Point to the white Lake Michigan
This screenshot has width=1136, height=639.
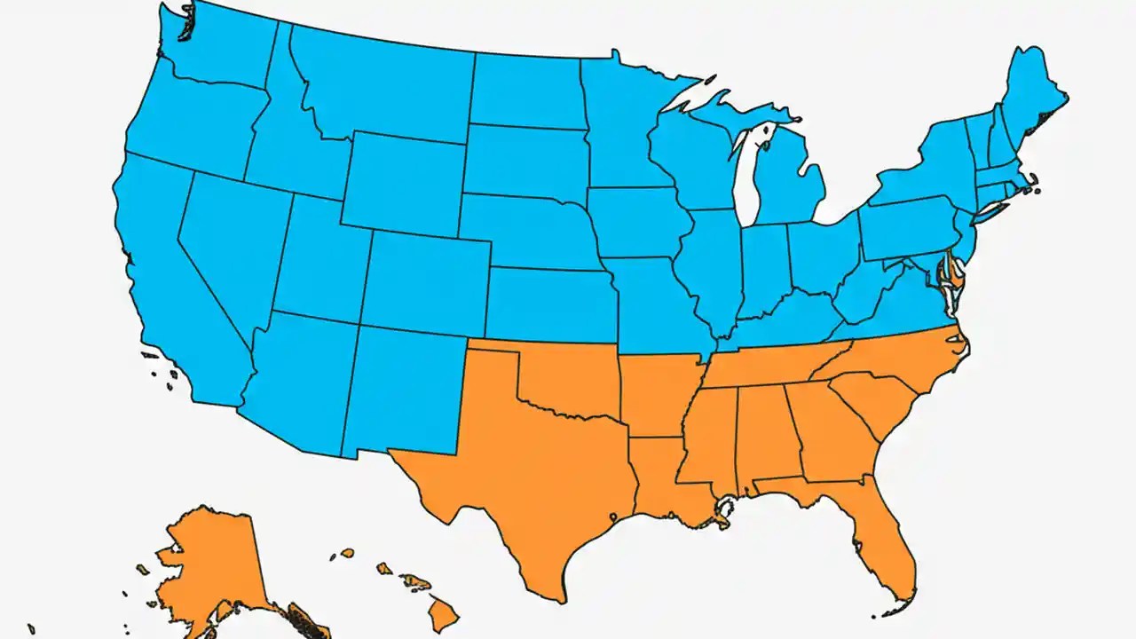coord(751,173)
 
